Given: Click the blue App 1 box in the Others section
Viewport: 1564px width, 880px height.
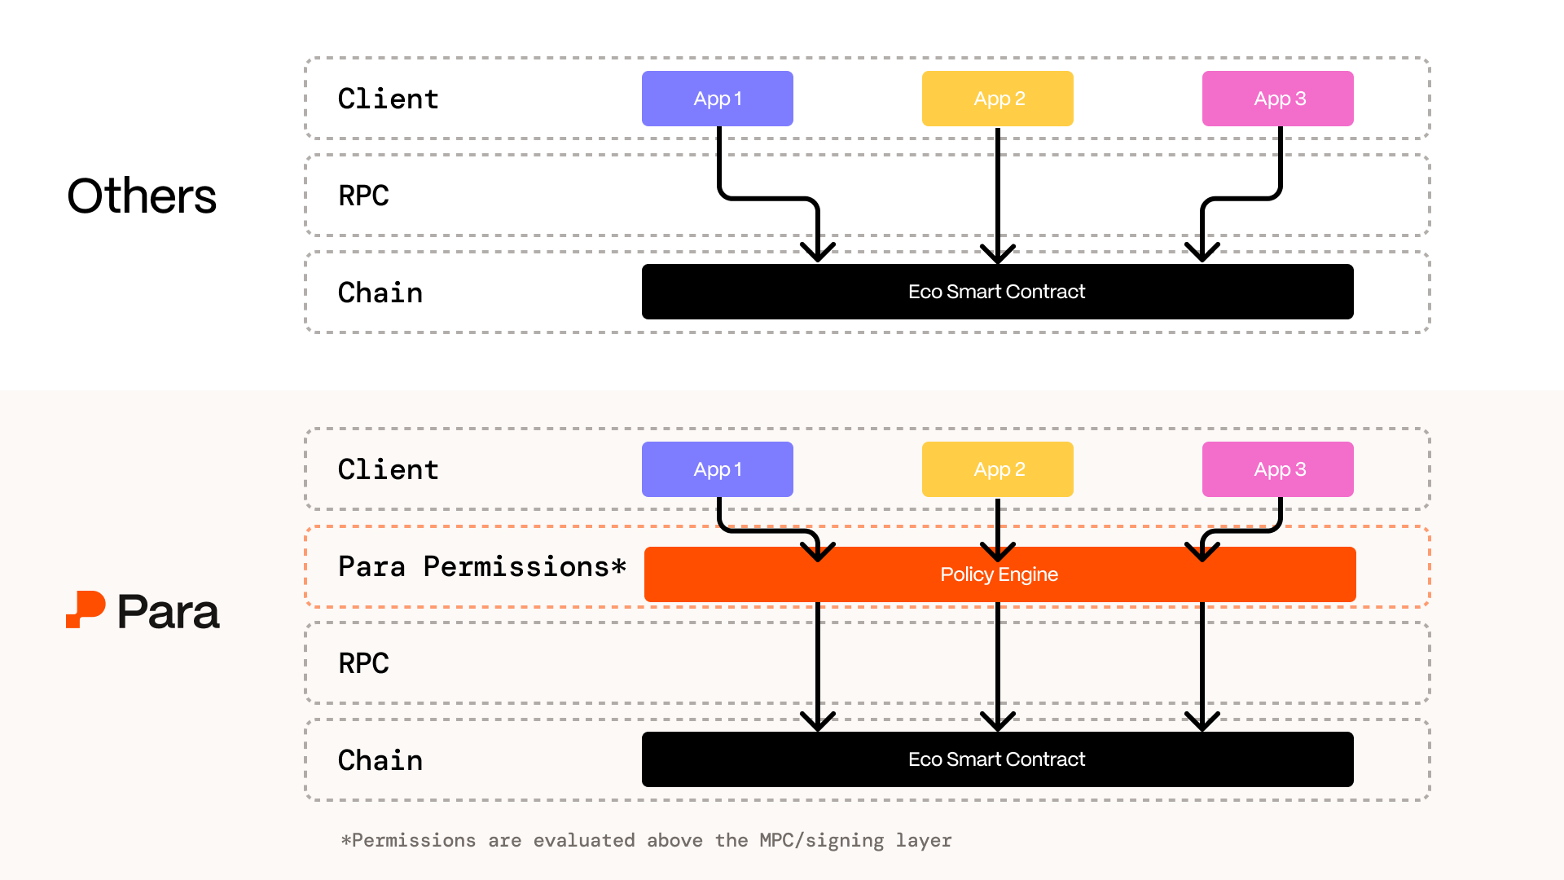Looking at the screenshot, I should (x=717, y=99).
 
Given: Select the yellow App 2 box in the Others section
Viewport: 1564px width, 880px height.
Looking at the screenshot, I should (x=997, y=99).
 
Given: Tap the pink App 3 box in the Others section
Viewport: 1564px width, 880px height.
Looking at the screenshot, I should (x=1277, y=99).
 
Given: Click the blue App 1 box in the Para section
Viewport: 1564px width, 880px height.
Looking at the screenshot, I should (x=717, y=469).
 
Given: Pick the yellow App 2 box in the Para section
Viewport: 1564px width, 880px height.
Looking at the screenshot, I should (x=997, y=469).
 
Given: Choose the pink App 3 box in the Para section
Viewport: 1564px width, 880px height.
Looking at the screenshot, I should (x=1277, y=469).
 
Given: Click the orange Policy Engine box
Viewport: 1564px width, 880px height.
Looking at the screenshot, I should (x=999, y=574).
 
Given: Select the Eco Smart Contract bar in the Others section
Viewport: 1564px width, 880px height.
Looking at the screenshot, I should (x=997, y=292).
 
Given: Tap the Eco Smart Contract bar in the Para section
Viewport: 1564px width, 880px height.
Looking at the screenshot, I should (x=997, y=759).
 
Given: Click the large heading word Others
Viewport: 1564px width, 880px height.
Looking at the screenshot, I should (x=142, y=196).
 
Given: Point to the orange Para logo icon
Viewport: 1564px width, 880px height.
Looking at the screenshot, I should (x=86, y=609).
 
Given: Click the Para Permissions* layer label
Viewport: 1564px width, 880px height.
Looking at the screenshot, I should (x=481, y=566).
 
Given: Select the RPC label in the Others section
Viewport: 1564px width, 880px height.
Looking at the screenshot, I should (x=363, y=196).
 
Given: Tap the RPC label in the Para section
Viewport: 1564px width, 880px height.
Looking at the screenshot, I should (x=363, y=663).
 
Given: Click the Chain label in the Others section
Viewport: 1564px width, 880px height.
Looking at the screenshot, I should (x=380, y=293).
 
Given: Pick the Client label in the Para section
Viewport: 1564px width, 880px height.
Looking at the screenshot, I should (x=388, y=469).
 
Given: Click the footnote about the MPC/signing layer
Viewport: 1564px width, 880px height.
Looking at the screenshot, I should (x=646, y=840).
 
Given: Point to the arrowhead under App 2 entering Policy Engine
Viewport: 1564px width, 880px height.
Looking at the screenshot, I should (x=997, y=552).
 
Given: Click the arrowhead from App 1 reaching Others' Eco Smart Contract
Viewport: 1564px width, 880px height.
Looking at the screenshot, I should (x=818, y=251).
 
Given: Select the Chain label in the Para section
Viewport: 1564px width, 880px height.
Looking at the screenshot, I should (x=380, y=760).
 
